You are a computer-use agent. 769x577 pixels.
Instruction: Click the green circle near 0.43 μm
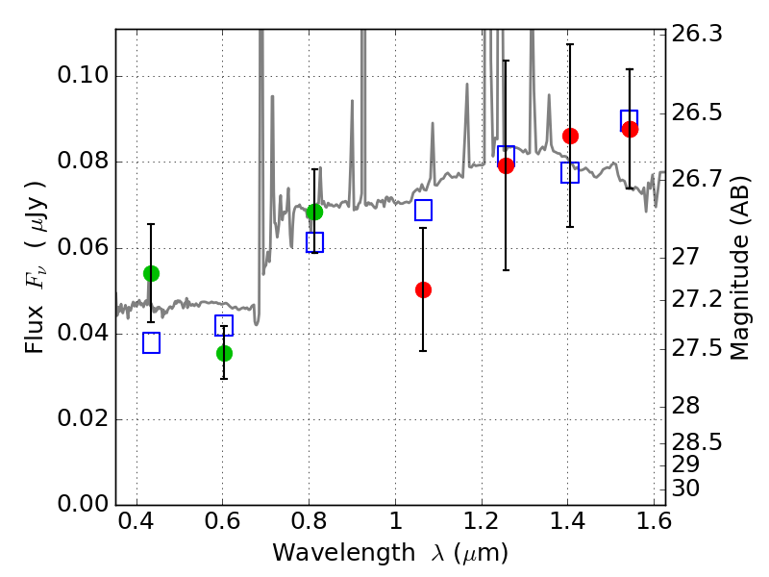(151, 273)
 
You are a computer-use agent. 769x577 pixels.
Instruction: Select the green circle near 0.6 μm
(224, 353)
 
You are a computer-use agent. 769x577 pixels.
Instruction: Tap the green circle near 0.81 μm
(314, 212)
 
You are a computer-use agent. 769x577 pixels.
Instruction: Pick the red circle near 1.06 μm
(423, 290)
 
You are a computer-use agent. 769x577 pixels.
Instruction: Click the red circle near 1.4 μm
(570, 136)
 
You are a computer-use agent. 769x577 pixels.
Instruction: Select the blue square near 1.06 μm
(423, 210)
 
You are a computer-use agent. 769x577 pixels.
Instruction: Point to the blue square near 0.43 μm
(151, 343)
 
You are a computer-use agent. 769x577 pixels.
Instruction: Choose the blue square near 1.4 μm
(570, 173)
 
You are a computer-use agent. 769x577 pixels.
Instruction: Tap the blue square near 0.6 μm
(224, 326)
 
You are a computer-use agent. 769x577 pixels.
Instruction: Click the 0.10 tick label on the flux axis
(83, 76)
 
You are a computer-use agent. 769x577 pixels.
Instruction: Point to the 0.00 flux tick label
(83, 504)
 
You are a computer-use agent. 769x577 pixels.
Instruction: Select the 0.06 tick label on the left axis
(83, 247)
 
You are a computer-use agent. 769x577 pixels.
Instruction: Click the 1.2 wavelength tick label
(482, 521)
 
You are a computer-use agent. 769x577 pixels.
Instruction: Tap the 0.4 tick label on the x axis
(136, 521)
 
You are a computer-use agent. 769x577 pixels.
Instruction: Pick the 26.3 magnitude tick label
(696, 35)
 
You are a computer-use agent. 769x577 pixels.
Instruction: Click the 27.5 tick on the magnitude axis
(696, 348)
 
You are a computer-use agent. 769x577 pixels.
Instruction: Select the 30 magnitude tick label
(685, 489)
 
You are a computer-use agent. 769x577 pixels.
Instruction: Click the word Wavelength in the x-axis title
(344, 553)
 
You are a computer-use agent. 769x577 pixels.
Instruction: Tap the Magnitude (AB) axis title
(740, 268)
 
